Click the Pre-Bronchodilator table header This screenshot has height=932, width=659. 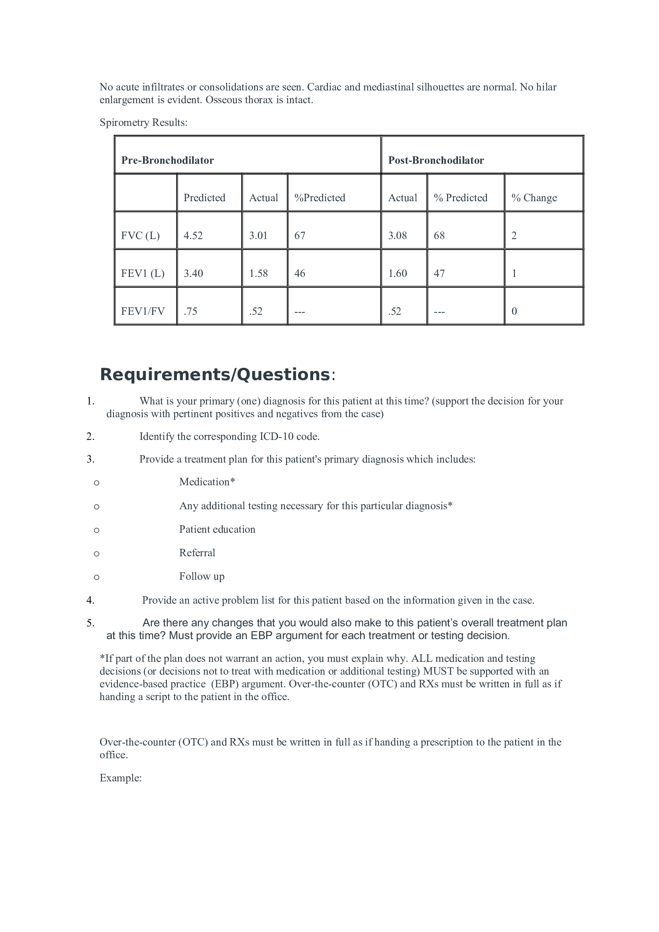coord(167,160)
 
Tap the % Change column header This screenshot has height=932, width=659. coord(533,198)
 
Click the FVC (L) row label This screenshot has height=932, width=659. coord(140,236)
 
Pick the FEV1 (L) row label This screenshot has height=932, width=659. coord(142,274)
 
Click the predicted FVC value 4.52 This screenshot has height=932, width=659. coord(193,236)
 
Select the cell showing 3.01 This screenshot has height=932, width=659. coord(258,236)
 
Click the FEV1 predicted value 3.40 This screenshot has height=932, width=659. coord(193,274)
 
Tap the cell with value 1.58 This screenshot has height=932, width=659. coord(258,274)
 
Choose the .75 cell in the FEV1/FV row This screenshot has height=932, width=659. coord(190,311)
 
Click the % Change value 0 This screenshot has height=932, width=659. coord(514,311)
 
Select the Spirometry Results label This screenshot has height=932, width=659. coord(143,123)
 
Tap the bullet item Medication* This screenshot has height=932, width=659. coord(207,482)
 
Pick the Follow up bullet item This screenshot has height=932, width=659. coord(201,577)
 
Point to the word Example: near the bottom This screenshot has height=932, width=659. coord(120,778)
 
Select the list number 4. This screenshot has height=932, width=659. coord(90,600)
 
